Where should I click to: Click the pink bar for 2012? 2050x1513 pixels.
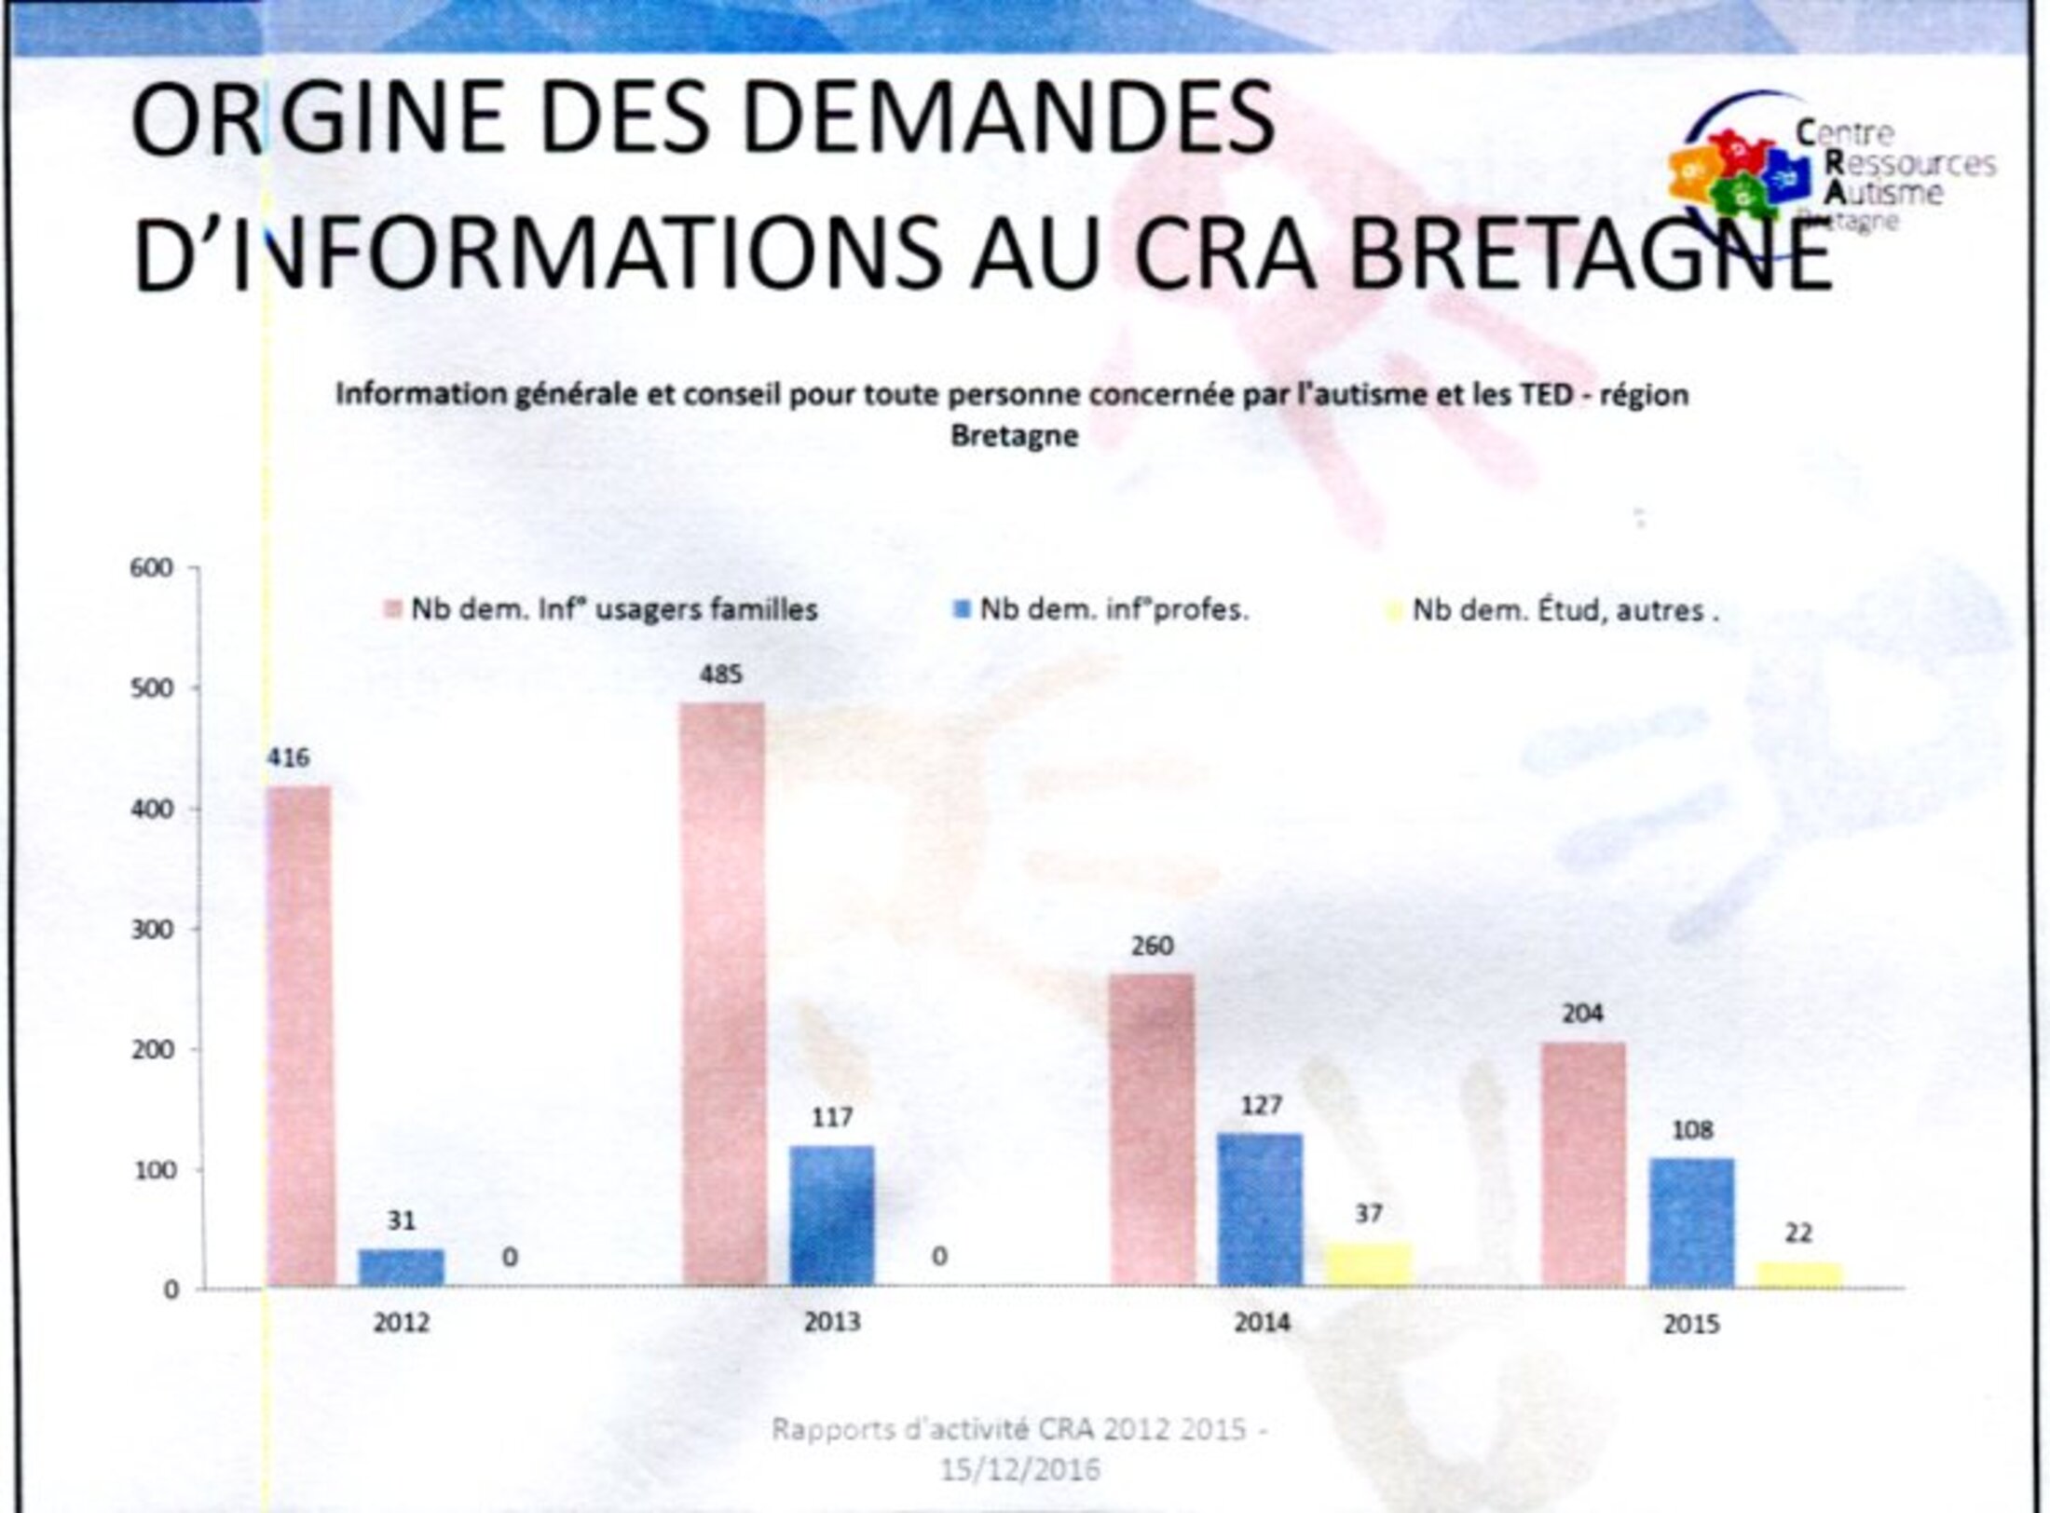click(300, 1034)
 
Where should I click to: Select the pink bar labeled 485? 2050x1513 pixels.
click(722, 992)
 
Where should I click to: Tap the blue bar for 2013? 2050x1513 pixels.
click(831, 1215)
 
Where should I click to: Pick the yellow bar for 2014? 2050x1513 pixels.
click(1368, 1265)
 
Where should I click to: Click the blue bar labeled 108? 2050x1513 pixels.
click(1691, 1221)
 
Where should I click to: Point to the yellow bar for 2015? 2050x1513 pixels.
click(1798, 1274)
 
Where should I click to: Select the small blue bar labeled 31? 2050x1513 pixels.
click(401, 1267)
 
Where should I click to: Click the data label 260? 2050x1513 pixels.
click(1153, 946)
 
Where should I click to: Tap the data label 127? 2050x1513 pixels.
click(1261, 1105)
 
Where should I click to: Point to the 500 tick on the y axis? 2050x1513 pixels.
click(157, 688)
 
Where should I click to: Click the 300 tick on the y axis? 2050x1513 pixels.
click(157, 929)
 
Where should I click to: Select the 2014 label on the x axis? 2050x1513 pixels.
click(1261, 1322)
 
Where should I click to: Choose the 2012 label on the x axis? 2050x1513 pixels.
click(401, 1322)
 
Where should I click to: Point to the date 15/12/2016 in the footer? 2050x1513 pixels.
click(1019, 1470)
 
